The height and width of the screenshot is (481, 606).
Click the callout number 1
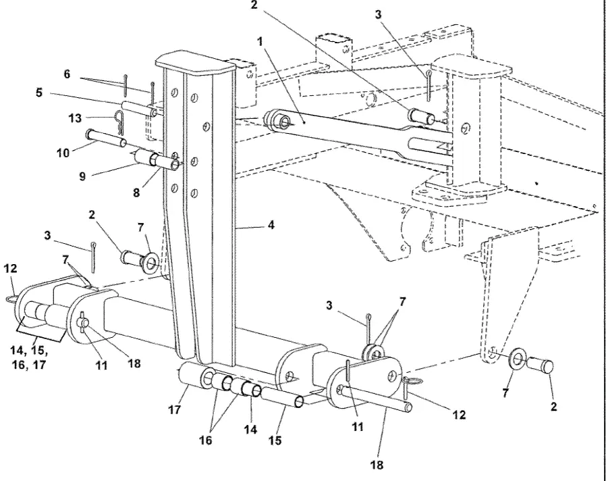(260, 42)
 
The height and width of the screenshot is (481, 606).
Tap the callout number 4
(271, 225)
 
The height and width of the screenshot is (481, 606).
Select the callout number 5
(38, 93)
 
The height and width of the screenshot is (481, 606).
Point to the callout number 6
(67, 74)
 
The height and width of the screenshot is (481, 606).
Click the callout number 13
(76, 118)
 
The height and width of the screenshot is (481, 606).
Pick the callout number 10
(63, 153)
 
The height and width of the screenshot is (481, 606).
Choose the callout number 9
(82, 176)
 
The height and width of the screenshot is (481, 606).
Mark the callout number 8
(136, 193)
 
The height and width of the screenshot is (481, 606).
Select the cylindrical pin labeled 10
(106, 138)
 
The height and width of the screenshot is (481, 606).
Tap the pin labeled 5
(140, 108)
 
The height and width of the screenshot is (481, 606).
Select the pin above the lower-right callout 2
(539, 365)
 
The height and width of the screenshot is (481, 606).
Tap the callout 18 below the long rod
(377, 464)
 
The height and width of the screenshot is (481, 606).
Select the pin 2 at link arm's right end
(421, 116)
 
